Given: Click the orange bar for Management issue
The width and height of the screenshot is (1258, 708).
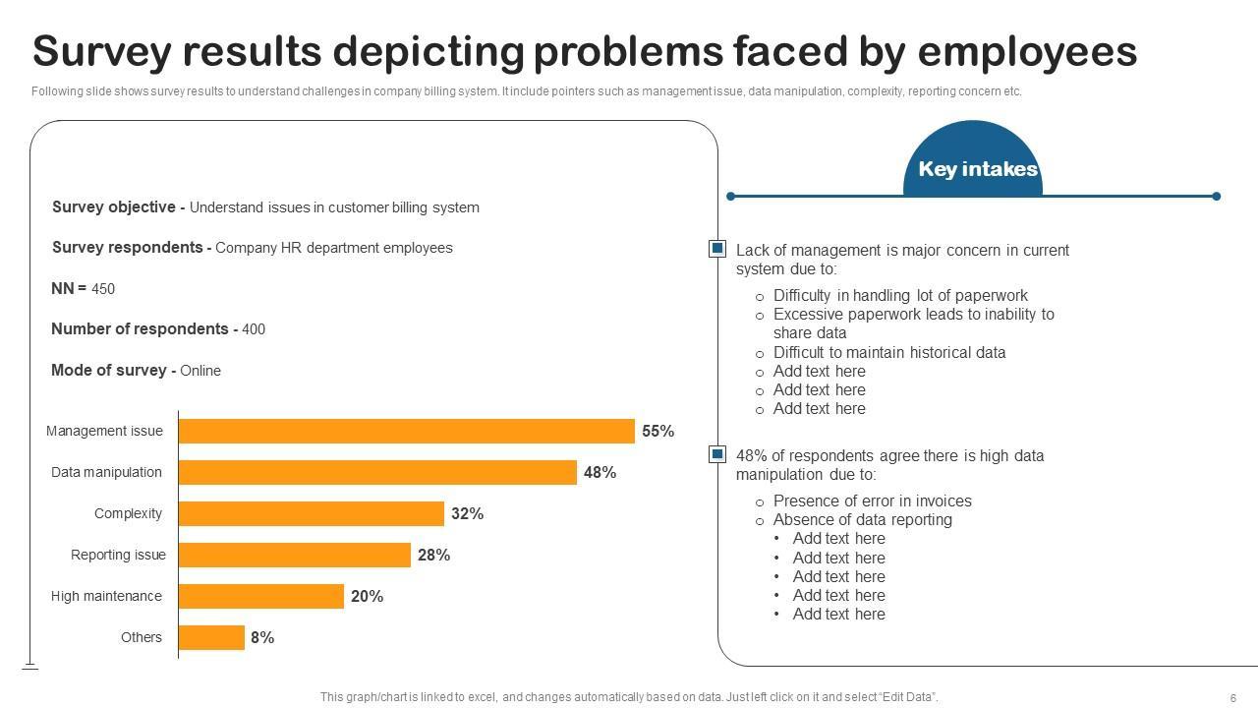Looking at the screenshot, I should [406, 431].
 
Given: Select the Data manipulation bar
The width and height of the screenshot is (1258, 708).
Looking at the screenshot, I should [377, 472].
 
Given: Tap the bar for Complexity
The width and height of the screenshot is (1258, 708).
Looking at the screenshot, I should [311, 513].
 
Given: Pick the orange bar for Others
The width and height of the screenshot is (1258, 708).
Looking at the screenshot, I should [211, 637].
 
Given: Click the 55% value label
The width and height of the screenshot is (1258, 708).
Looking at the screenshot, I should [658, 431].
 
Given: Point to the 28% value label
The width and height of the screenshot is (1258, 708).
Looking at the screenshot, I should [433, 555].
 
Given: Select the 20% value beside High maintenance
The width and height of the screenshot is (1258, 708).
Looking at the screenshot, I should [367, 596].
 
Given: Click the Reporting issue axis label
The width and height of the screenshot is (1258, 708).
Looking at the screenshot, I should [118, 555].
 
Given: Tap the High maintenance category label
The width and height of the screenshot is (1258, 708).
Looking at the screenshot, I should [106, 596].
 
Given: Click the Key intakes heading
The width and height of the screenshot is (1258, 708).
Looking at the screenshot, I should [977, 169].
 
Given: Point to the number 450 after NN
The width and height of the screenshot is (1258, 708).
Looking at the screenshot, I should [103, 289].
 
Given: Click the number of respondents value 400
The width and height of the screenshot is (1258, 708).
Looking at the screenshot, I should [254, 329].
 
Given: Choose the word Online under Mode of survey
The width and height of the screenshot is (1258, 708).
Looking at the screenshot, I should [200, 371].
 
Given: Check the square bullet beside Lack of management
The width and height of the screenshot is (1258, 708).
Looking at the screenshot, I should [717, 250].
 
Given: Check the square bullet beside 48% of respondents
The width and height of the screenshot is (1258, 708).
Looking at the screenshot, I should [717, 454].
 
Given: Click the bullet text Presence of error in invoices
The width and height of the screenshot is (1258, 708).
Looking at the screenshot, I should [872, 501].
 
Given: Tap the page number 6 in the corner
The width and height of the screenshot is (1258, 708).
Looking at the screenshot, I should [1232, 697].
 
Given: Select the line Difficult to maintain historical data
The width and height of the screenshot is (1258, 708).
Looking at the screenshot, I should [888, 352].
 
